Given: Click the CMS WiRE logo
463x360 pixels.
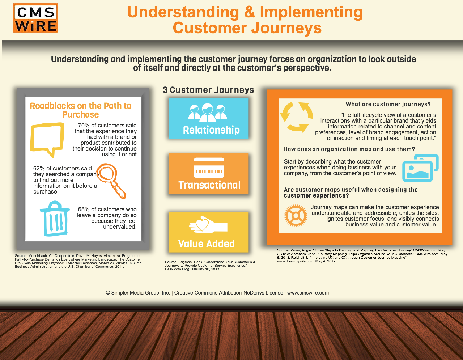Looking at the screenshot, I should [x=35, y=18].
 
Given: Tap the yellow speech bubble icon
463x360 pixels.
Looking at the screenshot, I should [x=46, y=139].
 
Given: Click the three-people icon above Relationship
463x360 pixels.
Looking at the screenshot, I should [x=207, y=112].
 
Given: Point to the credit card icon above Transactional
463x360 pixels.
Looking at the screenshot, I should [x=209, y=168].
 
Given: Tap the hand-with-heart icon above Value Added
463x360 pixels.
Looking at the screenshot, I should [x=208, y=226].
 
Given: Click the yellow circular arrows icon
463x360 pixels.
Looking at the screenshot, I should [x=296, y=117].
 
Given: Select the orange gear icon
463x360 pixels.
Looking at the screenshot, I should [x=296, y=216].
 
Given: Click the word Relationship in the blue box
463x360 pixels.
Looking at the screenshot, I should [x=211, y=130].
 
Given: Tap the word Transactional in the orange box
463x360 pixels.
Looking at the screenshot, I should [x=209, y=185].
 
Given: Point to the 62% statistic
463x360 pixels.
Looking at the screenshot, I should [x=39, y=168].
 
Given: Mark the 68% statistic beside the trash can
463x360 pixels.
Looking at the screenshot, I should [x=84, y=209].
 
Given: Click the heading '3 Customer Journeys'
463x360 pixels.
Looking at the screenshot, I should [x=208, y=90].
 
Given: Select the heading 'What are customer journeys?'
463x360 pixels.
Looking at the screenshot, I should [x=388, y=104].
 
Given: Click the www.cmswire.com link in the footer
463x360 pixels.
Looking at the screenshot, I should [x=308, y=293].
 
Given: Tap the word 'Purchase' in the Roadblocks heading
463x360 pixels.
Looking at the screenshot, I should [x=80, y=115].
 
